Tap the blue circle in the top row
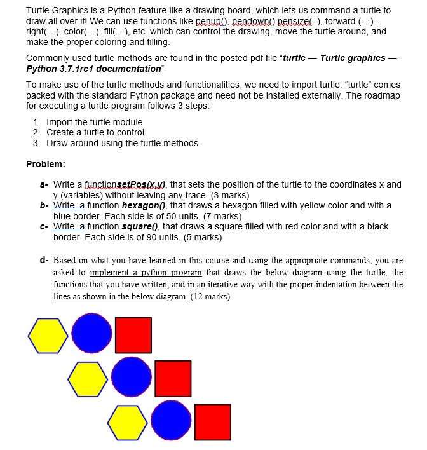pyautogui.click(x=92, y=334)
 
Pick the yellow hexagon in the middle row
pyautogui.click(x=88, y=378)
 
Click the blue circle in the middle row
pyautogui.click(x=132, y=378)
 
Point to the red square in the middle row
pyautogui.click(x=173, y=378)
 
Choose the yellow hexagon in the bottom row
pyautogui.click(x=128, y=421)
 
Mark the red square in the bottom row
pyautogui.click(x=213, y=421)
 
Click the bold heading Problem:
pyautogui.click(x=46, y=164)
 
